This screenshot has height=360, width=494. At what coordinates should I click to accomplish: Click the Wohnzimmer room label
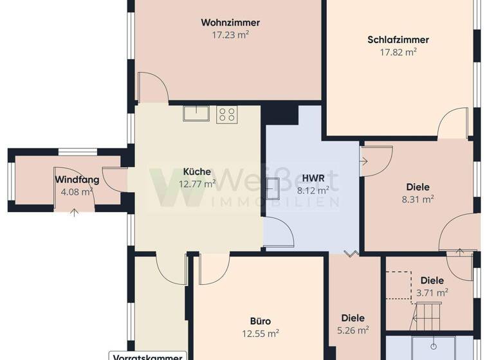click(x=230, y=22)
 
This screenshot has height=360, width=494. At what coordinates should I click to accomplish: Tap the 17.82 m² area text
click(x=398, y=52)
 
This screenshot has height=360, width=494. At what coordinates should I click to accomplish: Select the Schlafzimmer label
click(x=398, y=40)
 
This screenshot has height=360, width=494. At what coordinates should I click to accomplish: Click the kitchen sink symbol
click(x=196, y=114)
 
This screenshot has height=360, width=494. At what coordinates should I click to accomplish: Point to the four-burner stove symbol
click(x=226, y=114)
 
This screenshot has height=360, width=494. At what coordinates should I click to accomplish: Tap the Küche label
click(x=197, y=172)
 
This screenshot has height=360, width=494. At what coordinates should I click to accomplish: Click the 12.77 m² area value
click(x=197, y=184)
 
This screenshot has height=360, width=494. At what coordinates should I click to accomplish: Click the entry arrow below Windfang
click(x=75, y=212)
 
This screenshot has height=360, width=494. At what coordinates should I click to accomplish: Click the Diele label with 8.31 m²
click(x=417, y=187)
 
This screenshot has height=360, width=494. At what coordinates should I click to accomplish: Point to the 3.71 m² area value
click(x=432, y=292)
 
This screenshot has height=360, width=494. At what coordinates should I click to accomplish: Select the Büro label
click(x=260, y=321)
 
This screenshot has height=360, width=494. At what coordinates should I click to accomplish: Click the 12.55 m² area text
click(x=260, y=334)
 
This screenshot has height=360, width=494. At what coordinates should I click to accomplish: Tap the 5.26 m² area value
click(x=353, y=330)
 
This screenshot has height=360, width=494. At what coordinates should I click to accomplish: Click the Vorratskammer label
click(x=148, y=356)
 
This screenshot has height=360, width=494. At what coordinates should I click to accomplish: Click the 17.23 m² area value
click(x=230, y=35)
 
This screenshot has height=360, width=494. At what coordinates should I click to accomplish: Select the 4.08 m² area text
click(x=77, y=192)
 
